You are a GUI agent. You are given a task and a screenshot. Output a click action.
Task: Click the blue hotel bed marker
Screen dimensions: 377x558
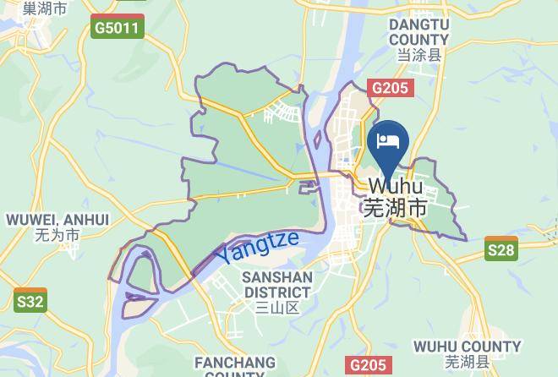(x=390, y=140)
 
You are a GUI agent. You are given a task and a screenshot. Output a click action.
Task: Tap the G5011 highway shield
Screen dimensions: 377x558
(x=118, y=28)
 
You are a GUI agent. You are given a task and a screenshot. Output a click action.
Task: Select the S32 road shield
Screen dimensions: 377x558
(x=30, y=300)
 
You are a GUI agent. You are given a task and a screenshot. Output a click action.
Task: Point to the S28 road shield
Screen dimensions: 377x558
(x=501, y=249)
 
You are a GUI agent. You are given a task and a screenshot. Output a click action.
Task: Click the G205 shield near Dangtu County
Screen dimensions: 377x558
(x=390, y=88)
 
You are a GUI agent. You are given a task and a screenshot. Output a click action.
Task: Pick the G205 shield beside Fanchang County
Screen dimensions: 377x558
(x=369, y=365)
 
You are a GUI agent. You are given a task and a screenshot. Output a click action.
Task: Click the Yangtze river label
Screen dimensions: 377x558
(x=256, y=246)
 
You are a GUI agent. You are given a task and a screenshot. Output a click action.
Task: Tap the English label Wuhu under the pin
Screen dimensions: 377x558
(x=395, y=185)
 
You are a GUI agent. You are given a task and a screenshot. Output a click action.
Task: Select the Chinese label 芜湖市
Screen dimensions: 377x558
(x=395, y=206)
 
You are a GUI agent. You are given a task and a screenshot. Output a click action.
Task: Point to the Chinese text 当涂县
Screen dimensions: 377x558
(x=418, y=55)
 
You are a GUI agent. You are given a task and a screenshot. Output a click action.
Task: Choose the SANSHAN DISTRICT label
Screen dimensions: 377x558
(x=277, y=285)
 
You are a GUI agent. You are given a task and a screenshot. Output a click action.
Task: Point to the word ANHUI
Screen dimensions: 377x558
(x=87, y=220)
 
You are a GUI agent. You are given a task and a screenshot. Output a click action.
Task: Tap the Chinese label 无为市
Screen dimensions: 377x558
(x=57, y=235)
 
